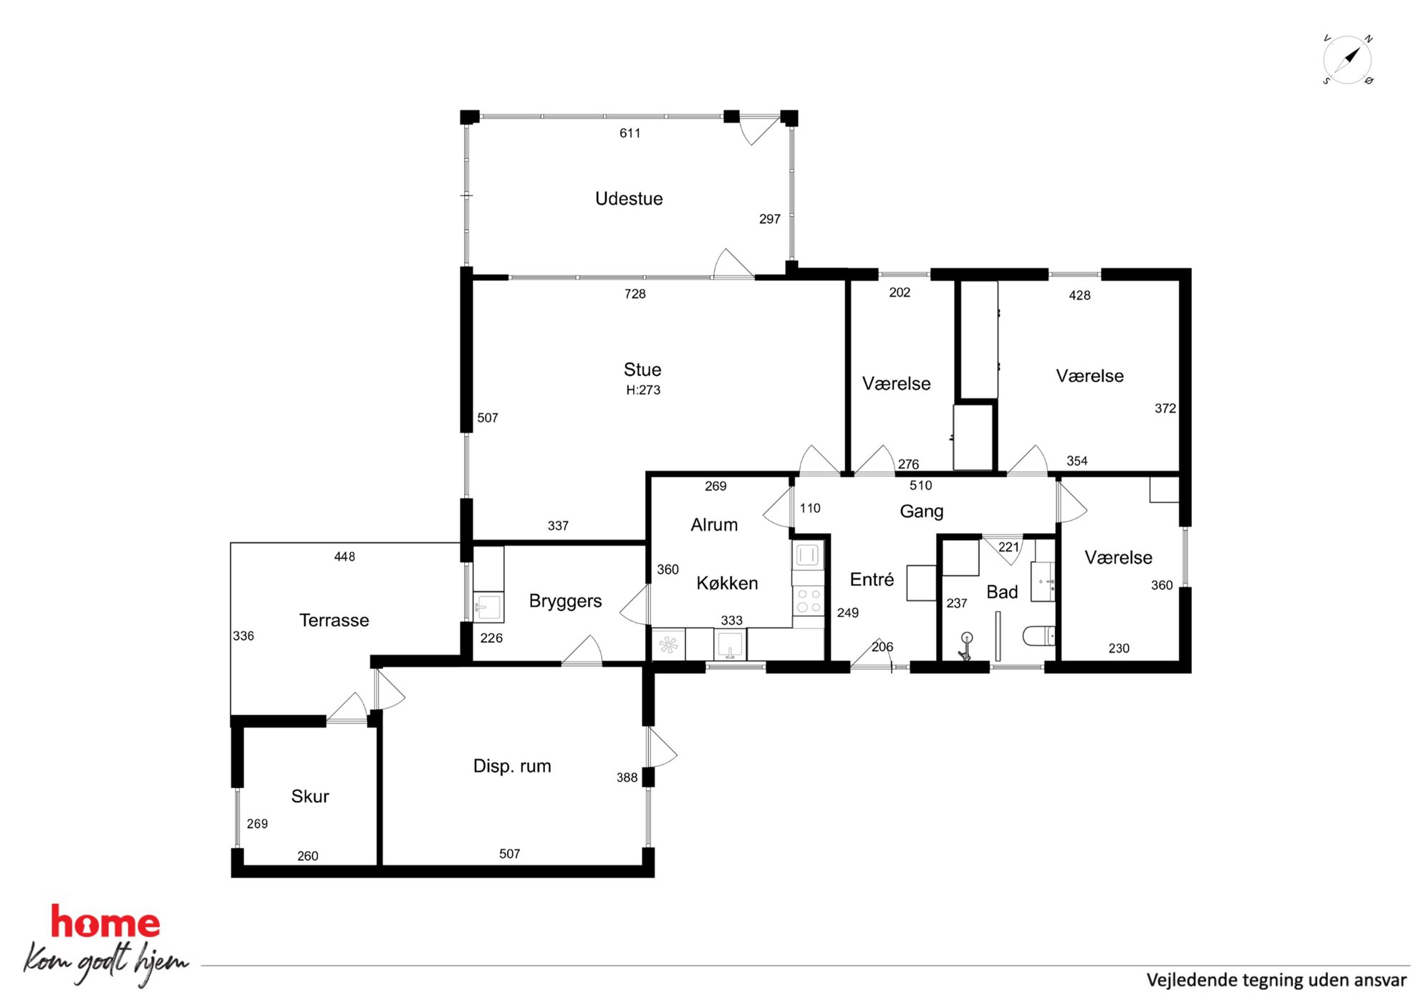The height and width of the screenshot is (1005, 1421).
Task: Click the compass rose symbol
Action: point(1347,59)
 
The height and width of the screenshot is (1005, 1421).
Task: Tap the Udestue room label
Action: point(629,198)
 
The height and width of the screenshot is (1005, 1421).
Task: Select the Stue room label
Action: point(642,370)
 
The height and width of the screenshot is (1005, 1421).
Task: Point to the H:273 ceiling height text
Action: point(643,390)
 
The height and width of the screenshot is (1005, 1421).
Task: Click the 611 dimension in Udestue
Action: point(630,133)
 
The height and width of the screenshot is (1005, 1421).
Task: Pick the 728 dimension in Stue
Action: point(635,294)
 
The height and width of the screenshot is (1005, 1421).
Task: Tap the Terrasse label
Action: point(334,620)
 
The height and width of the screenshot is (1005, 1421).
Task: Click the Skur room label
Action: point(310,797)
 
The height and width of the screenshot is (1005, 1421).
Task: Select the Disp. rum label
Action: point(512,766)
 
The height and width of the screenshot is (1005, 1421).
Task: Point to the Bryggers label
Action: point(565,602)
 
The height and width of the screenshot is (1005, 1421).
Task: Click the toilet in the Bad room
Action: point(1039,636)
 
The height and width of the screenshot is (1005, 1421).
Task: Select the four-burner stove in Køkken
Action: point(809,601)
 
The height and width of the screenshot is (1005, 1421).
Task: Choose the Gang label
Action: point(922,511)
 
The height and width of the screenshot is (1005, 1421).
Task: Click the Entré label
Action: point(872,580)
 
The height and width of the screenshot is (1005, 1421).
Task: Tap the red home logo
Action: point(105,922)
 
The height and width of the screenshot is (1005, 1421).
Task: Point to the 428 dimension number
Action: point(1079,295)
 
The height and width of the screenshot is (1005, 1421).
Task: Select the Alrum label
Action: point(714,525)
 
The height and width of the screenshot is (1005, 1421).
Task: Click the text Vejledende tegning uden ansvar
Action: point(1276,981)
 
